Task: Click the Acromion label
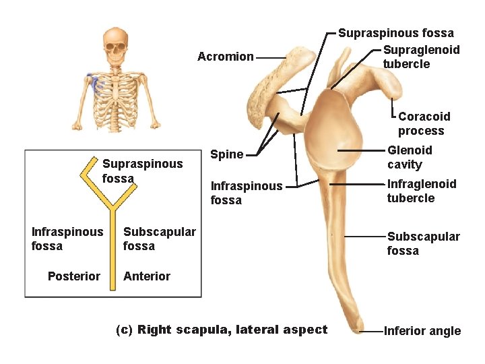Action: [225, 57]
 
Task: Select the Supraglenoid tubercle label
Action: [421, 57]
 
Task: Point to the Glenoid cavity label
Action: [410, 157]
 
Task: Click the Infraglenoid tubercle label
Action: [421, 191]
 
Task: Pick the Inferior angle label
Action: [422, 330]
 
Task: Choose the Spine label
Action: [227, 154]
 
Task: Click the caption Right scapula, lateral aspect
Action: [222, 330]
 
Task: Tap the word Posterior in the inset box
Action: [74, 276]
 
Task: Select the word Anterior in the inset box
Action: [147, 276]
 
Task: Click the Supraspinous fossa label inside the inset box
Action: [142, 171]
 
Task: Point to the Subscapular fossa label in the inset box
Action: [159, 239]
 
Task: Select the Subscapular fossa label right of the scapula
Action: [423, 243]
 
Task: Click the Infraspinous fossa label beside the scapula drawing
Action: [246, 193]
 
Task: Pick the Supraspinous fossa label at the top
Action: [395, 32]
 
